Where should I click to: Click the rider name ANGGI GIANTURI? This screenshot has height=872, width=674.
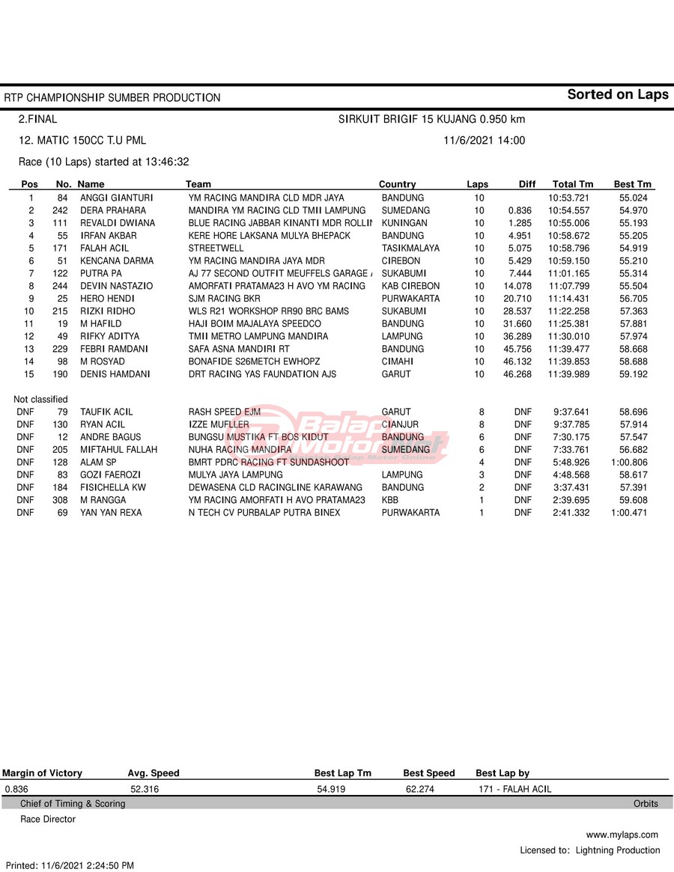pos(116,198)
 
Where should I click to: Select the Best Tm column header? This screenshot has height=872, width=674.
pos(633,184)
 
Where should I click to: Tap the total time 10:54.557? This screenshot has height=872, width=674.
pos(568,210)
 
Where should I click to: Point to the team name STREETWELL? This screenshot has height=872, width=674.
pos(216,248)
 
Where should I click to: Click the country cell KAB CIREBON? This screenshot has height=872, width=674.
pos(410,286)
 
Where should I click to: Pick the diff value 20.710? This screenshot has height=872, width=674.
pos(517,299)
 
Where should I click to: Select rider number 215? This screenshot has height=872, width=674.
pos(60,311)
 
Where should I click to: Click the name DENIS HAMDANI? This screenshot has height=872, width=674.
pos(115,374)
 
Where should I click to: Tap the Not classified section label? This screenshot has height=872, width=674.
pos(40,400)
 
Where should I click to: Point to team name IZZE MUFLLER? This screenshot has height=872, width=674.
pos(219,424)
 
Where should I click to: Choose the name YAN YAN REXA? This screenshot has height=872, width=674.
pos(111,513)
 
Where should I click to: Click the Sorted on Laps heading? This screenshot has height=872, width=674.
pos(618,94)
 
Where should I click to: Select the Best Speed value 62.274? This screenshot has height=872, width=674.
pos(420,789)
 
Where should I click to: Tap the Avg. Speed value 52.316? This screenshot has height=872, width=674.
pos(145,789)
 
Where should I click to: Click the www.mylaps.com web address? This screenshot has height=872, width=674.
pos(622,835)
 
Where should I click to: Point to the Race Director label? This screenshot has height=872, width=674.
pos(48,819)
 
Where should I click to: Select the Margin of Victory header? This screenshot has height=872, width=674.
pos(42,773)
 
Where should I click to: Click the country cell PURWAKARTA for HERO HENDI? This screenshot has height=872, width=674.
pos(410,299)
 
